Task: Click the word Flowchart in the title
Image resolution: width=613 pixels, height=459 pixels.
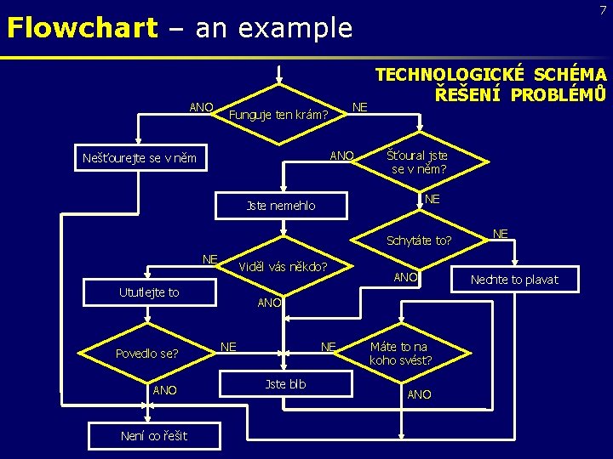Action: (82, 28)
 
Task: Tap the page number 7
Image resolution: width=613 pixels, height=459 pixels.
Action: (602, 9)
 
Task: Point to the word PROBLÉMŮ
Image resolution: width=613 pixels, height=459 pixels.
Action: (559, 94)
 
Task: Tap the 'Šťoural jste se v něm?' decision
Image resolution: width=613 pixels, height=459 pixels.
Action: (417, 161)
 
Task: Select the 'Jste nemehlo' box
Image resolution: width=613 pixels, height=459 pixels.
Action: (280, 205)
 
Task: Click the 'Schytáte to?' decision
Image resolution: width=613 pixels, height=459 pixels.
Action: (419, 240)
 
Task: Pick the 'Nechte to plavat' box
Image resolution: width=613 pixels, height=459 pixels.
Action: (514, 280)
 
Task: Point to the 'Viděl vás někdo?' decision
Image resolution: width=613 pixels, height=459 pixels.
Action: (282, 266)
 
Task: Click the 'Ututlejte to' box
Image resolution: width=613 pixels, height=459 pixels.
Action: (149, 292)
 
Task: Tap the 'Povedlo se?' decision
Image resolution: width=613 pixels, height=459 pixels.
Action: (147, 353)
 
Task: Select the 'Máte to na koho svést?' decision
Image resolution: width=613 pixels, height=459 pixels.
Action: (400, 353)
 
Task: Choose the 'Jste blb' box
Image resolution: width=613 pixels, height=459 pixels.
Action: (285, 384)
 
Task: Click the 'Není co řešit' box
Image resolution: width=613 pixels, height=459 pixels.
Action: (142, 437)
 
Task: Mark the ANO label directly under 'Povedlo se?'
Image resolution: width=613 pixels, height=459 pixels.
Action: (164, 390)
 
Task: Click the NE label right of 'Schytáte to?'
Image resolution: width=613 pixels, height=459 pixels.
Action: (501, 233)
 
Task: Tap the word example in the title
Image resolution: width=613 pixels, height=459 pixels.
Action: (295, 28)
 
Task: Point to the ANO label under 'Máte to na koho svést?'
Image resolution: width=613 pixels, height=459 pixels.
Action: (419, 394)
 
